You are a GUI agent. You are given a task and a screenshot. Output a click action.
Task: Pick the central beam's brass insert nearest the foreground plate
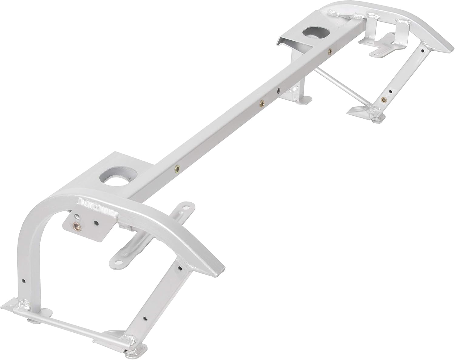(177, 167)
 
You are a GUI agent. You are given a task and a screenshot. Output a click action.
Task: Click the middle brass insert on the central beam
(260, 104)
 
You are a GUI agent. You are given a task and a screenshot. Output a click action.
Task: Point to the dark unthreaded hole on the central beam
(278, 90)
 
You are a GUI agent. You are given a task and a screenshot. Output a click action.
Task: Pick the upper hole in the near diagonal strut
(180, 268)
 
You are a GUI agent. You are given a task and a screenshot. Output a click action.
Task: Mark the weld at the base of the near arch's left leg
(22, 304)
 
